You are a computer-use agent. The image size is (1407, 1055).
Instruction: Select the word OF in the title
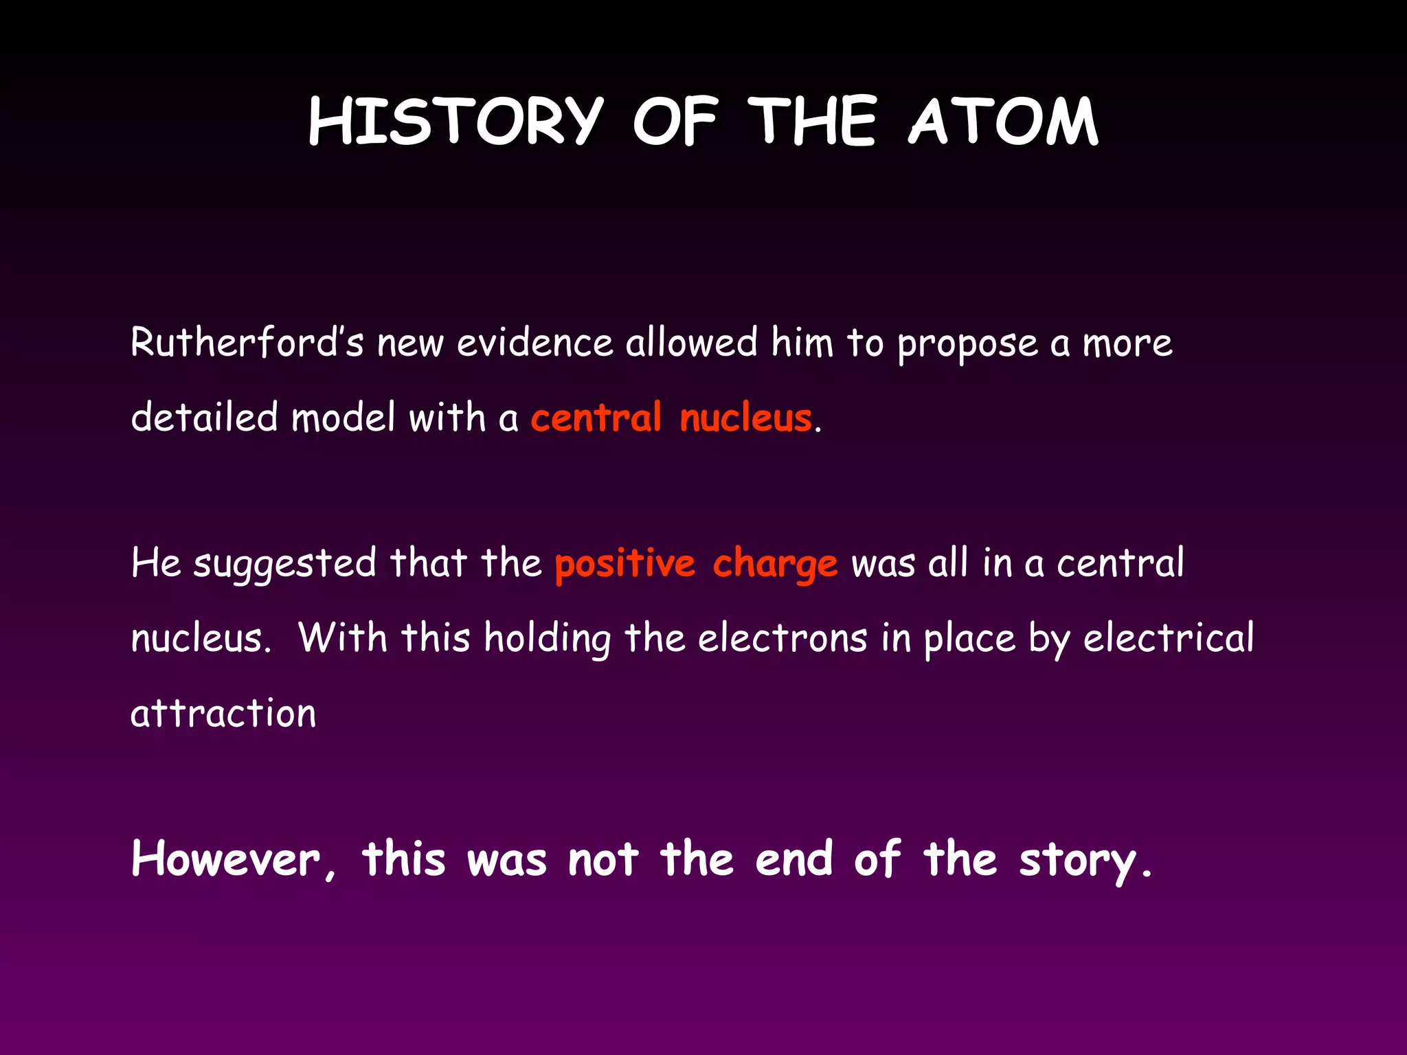675,122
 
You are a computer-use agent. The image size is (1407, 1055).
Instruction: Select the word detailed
204,417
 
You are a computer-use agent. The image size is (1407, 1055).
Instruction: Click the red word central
596,418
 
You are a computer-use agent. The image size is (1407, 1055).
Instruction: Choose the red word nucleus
745,418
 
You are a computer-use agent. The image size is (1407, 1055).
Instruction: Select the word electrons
783,638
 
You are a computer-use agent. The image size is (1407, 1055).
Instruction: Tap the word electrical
1169,638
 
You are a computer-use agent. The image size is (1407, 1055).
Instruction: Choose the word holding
547,639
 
